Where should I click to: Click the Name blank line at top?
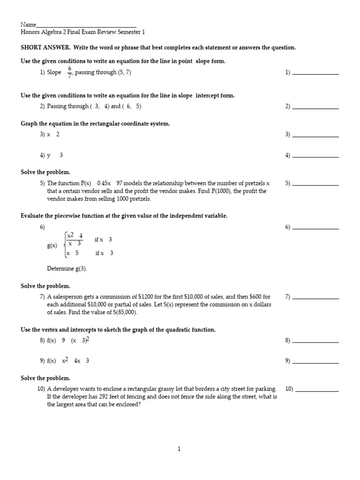point(86,27)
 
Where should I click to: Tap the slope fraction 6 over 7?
point(69,72)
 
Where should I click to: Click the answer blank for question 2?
point(315,108)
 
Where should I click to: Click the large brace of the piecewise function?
point(64,245)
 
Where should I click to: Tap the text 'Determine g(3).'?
point(67,269)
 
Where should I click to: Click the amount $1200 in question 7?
point(146,297)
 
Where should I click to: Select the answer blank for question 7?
point(315,299)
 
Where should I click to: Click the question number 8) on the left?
point(42,341)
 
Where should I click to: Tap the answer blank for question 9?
point(315,363)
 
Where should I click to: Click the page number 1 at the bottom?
point(179,449)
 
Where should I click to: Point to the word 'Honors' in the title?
point(31,32)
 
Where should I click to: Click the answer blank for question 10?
point(317,391)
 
